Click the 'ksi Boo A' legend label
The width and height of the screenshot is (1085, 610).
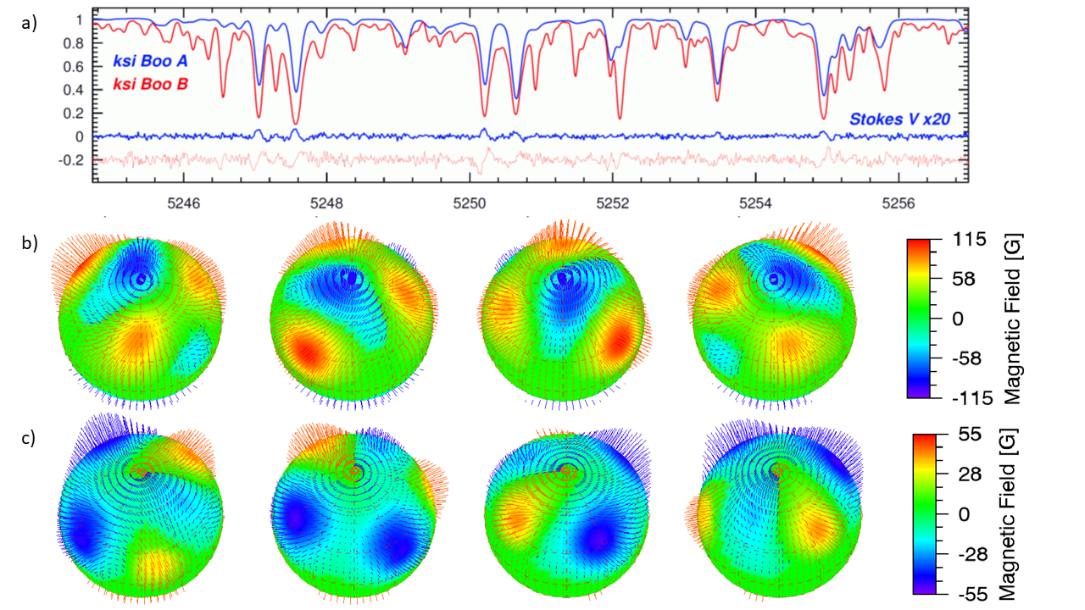[x=148, y=61]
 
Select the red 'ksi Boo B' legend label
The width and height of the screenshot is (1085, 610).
[x=148, y=84]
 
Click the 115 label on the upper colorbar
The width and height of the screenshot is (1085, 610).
[x=969, y=240]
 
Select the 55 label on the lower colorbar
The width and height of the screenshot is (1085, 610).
[x=970, y=435]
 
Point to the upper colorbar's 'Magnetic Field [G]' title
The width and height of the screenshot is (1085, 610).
[x=1013, y=319]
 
